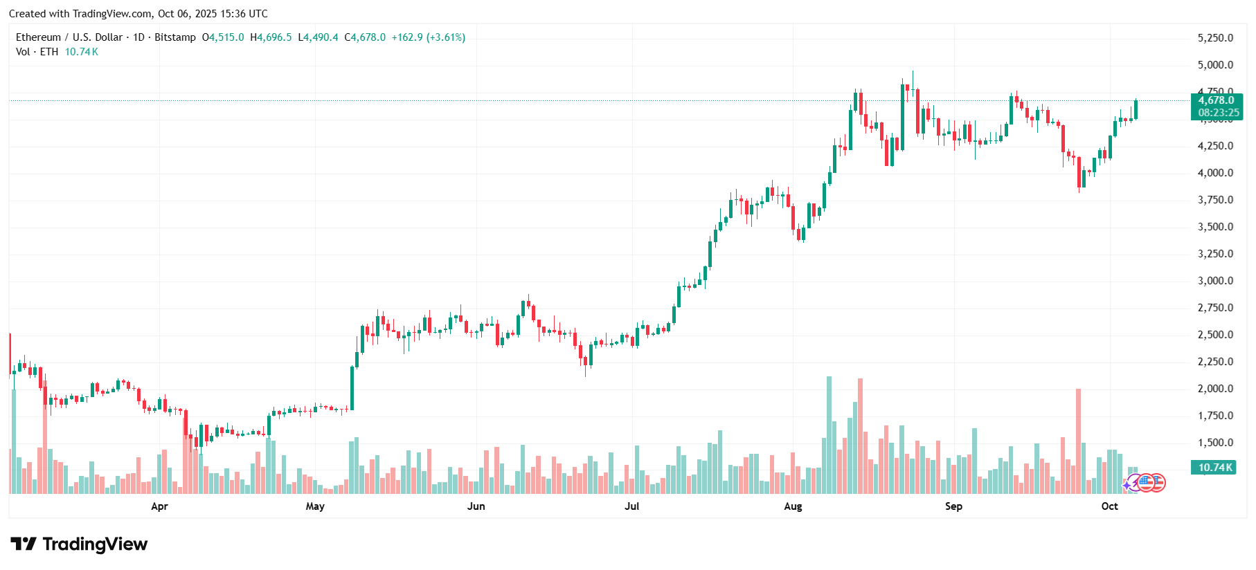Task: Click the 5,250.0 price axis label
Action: tap(1215, 38)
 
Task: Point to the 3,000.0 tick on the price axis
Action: tap(1215, 281)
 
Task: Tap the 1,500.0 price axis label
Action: tap(1215, 443)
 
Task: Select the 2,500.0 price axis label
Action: tap(1215, 335)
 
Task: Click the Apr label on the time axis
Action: tap(159, 506)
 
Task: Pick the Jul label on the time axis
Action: tap(631, 506)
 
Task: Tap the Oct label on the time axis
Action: tap(1109, 506)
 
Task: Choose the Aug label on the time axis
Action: tap(793, 506)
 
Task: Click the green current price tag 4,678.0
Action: tap(1217, 101)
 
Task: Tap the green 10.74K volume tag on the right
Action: tap(1215, 468)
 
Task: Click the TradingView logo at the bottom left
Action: tap(79, 544)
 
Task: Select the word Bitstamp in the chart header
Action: tap(175, 37)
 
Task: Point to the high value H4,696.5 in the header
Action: tap(271, 37)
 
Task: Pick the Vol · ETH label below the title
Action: tap(37, 52)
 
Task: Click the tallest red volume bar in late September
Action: tap(1078, 441)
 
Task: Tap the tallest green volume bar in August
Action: tap(829, 434)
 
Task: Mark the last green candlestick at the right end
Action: tap(1136, 109)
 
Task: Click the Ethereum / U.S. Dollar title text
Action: tap(69, 37)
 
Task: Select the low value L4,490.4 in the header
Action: tap(318, 37)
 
